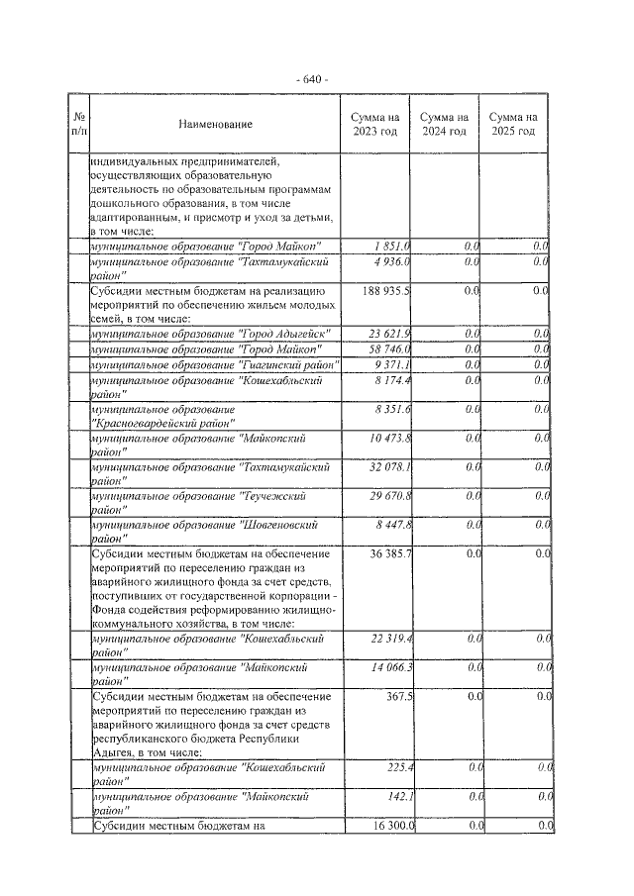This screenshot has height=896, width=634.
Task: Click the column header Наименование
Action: click(216, 124)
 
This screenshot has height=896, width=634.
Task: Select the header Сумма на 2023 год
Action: click(374, 124)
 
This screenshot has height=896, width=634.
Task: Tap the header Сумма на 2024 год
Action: click(444, 124)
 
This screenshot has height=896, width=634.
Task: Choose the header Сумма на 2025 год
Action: click(513, 124)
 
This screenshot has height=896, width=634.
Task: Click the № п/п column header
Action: click(79, 124)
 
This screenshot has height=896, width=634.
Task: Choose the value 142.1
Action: click(400, 796)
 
